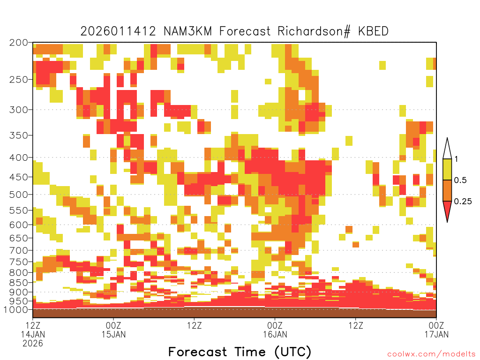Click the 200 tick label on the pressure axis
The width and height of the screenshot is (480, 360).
tap(18, 43)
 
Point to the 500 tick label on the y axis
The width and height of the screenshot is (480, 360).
tap(18, 195)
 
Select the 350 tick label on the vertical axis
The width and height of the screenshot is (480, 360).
tap(18, 135)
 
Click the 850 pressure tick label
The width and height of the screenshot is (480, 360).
tap(18, 283)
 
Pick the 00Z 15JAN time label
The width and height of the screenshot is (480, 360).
tap(113, 330)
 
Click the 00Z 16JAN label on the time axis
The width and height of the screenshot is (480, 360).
tap(275, 330)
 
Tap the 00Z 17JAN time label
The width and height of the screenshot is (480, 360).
tap(436, 330)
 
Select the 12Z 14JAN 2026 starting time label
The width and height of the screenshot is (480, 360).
tap(33, 334)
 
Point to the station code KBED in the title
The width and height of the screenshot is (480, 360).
tap(374, 31)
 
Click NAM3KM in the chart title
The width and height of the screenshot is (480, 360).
tap(187, 31)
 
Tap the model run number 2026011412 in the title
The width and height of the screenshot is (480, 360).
tap(118, 31)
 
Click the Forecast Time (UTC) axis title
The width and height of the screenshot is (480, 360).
tap(240, 352)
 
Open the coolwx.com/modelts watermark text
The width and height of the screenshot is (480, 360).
tap(431, 354)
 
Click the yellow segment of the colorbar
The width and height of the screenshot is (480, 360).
tap(447, 169)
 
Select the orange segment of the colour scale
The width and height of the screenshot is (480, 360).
tap(447, 190)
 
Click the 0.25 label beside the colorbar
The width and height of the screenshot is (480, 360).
tap(463, 202)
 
